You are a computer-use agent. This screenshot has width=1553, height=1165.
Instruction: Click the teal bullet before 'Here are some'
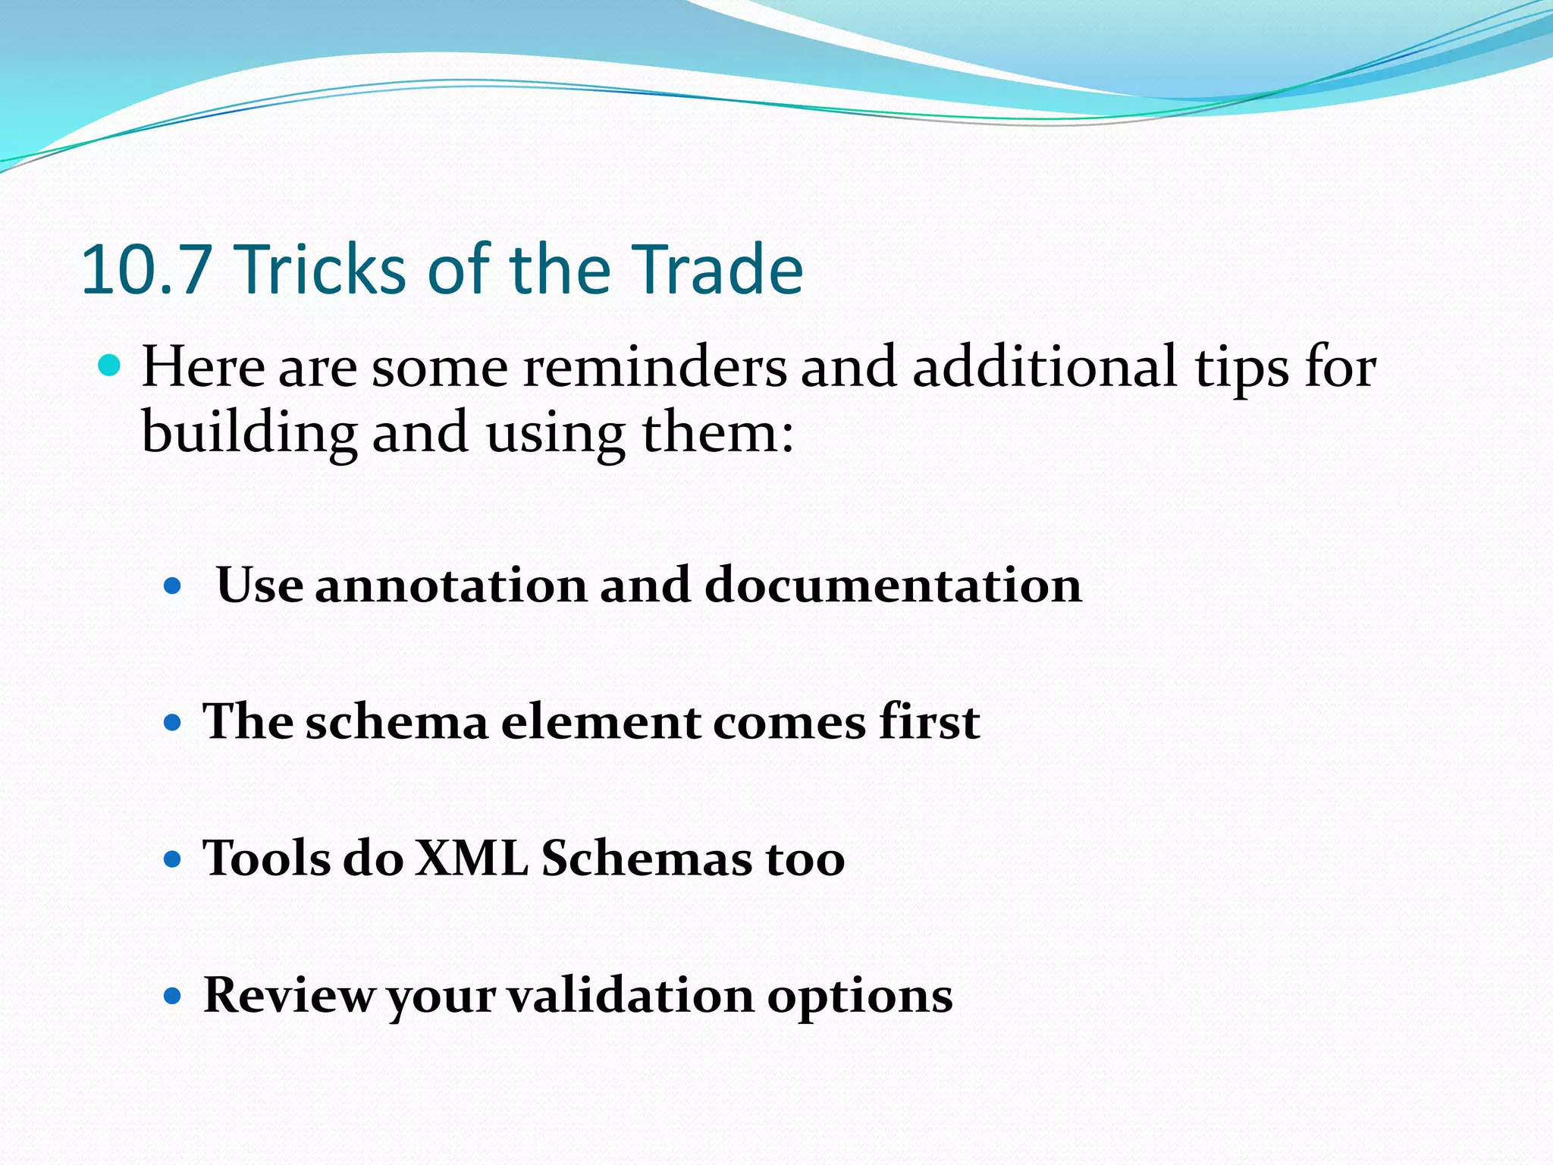tap(110, 366)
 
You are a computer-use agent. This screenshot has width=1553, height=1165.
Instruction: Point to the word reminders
tap(655, 368)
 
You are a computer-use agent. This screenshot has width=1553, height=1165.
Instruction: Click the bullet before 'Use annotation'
tap(173, 586)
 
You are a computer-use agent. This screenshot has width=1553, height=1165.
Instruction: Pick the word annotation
tap(450, 586)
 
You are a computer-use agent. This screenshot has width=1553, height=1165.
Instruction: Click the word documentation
tap(893, 586)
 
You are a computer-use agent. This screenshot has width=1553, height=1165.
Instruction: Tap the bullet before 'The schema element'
tap(173, 722)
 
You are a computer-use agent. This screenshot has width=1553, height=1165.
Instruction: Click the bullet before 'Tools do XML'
tap(173, 859)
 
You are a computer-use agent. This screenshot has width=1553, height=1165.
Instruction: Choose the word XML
tap(472, 859)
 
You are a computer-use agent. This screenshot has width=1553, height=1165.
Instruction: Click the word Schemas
tap(646, 859)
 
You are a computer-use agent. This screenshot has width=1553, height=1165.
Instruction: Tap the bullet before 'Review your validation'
tap(173, 996)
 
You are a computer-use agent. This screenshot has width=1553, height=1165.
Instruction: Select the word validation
tap(629, 996)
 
